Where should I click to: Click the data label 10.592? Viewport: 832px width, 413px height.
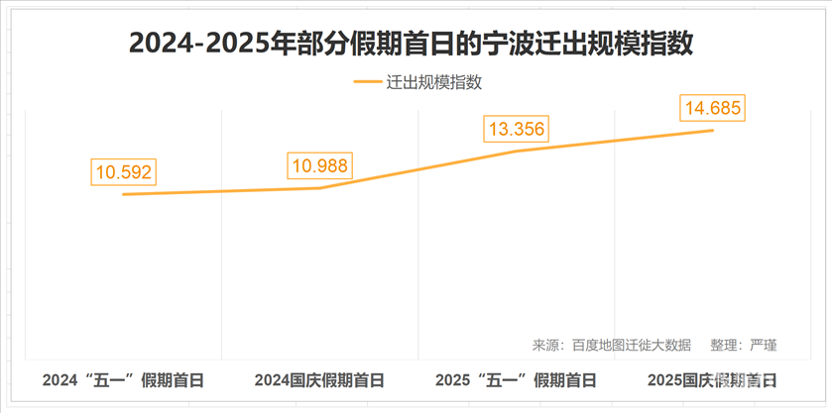[x=123, y=171]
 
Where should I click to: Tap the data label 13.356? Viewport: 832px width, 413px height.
[x=516, y=130]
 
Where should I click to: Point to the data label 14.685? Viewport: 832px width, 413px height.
[x=711, y=108]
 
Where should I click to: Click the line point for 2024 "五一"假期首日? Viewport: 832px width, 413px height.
[x=123, y=194]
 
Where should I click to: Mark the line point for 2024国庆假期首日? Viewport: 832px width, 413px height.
[x=319, y=188]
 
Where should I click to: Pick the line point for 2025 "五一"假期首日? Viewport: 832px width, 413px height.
[x=516, y=151]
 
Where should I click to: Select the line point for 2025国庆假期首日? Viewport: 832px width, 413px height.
[x=712, y=130]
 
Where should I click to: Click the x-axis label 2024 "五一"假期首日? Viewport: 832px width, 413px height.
[x=123, y=380]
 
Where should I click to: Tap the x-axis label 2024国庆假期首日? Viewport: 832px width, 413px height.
[x=318, y=380]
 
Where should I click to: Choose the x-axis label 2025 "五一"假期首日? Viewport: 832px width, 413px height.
[x=516, y=380]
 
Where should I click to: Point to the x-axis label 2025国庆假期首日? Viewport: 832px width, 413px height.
[x=711, y=380]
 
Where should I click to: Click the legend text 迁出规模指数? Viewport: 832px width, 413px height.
[x=433, y=83]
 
